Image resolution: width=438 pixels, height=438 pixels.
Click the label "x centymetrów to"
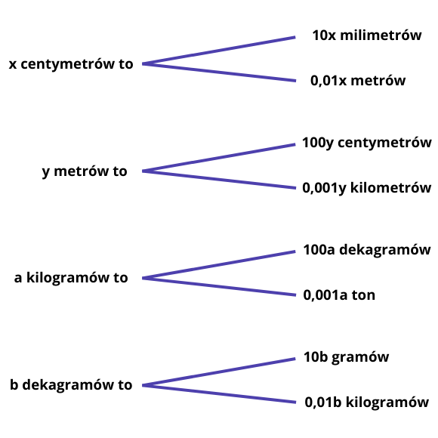click(71, 64)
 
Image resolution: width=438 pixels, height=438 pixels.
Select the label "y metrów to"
click(85, 171)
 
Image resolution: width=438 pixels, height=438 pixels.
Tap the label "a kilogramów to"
click(71, 278)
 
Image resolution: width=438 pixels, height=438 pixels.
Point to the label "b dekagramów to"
click(71, 384)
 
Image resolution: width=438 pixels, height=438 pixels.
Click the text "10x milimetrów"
click(367, 35)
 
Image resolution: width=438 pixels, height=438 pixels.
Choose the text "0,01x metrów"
click(358, 81)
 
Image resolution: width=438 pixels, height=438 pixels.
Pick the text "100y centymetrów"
click(367, 143)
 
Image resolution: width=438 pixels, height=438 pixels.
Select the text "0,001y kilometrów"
click(367, 188)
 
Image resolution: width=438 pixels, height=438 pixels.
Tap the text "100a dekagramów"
click(367, 250)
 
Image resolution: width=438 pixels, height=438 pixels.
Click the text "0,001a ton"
click(339, 295)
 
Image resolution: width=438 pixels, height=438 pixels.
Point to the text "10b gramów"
click(347, 357)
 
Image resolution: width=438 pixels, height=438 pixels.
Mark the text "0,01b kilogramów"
click(367, 403)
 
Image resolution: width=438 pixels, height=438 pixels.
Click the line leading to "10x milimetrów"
click(219, 51)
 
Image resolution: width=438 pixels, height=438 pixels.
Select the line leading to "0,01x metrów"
click(219, 72)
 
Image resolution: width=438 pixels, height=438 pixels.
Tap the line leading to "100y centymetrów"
click(219, 158)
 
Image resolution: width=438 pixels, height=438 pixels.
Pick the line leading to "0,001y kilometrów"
click(219, 180)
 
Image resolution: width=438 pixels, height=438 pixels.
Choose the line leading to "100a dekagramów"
click(219, 265)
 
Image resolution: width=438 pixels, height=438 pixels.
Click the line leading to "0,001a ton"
click(219, 287)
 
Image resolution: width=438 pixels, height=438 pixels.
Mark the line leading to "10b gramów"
click(219, 372)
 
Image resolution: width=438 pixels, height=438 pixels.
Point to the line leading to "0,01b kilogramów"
click(219, 394)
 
